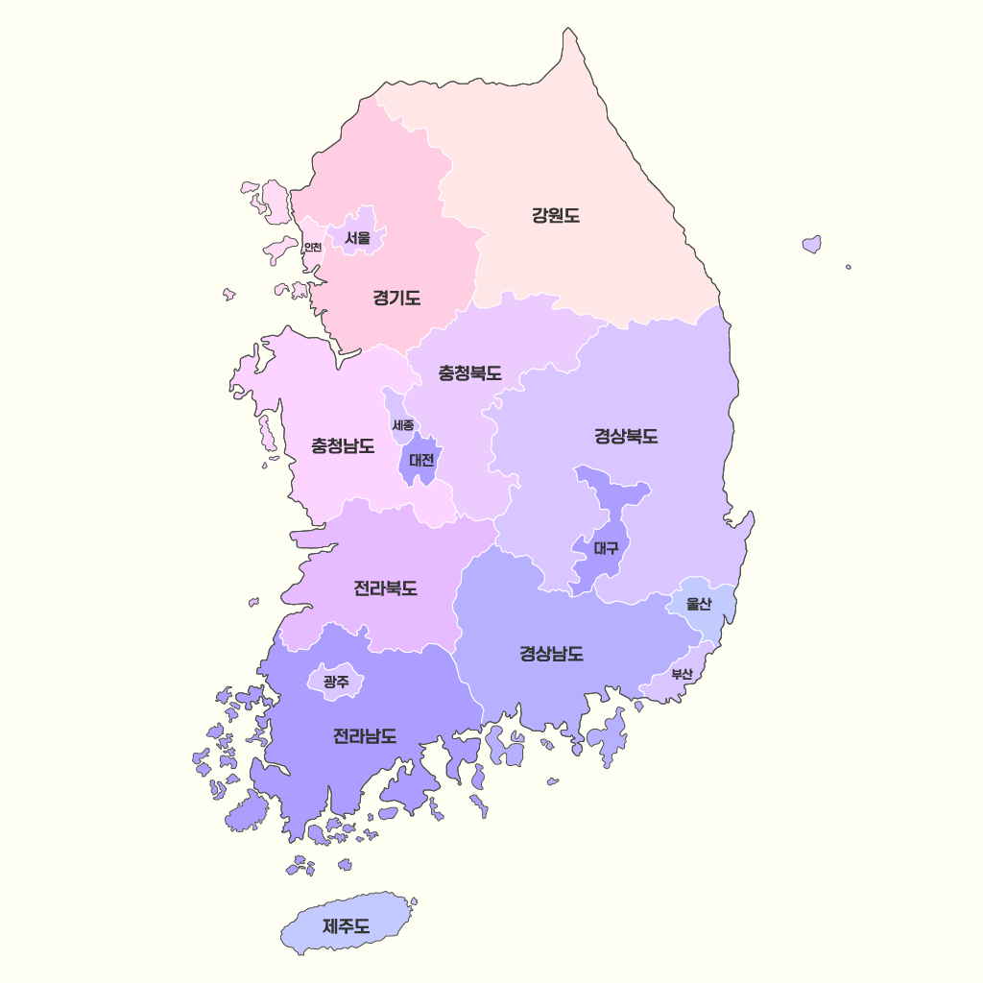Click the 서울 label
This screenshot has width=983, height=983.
pyautogui.click(x=358, y=237)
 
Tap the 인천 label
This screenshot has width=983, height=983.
pyautogui.click(x=312, y=247)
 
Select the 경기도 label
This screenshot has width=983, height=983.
pyautogui.click(x=396, y=298)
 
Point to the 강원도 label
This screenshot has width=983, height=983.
pyautogui.click(x=556, y=215)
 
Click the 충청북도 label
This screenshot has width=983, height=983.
pyautogui.click(x=469, y=373)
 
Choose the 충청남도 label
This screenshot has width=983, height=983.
pyautogui.click(x=343, y=445)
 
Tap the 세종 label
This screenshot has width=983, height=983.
pyautogui.click(x=403, y=424)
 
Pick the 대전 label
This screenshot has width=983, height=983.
pyautogui.click(x=421, y=460)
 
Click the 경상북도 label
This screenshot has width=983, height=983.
pyautogui.click(x=626, y=437)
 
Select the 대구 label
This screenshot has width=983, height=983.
pyautogui.click(x=606, y=549)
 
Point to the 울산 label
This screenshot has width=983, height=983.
pyautogui.click(x=699, y=604)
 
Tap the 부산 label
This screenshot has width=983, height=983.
pyautogui.click(x=682, y=674)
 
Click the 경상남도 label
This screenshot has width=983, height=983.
pyautogui.click(x=551, y=655)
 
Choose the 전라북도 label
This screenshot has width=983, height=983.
pyautogui.click(x=385, y=587)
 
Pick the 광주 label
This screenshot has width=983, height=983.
pyautogui.click(x=336, y=682)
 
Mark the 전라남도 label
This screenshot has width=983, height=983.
pyautogui.click(x=365, y=736)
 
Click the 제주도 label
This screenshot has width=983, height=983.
pyautogui.click(x=347, y=926)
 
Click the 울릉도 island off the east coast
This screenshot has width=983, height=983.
pyautogui.click(x=812, y=244)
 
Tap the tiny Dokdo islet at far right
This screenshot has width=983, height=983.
pyautogui.click(x=849, y=267)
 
